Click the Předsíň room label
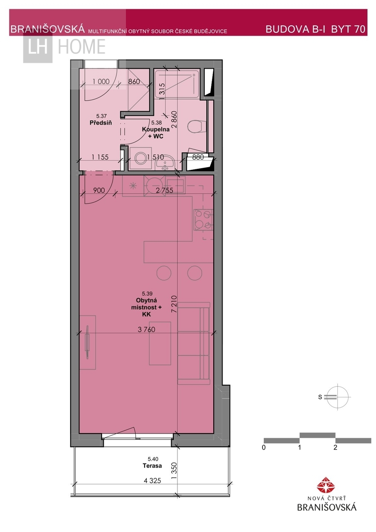tap(101, 123)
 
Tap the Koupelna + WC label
tap(156, 133)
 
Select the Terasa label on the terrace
tap(152, 466)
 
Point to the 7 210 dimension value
tap(174, 304)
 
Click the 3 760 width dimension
tap(147, 329)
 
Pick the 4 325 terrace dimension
tap(152, 481)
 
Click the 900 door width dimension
tap(99, 190)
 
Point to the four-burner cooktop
tap(204, 220)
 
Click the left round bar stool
tap(164, 273)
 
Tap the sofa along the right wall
tap(194, 343)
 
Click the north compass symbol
tap(337, 397)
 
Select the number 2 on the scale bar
tap(335, 447)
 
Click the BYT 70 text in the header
tap(348, 29)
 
